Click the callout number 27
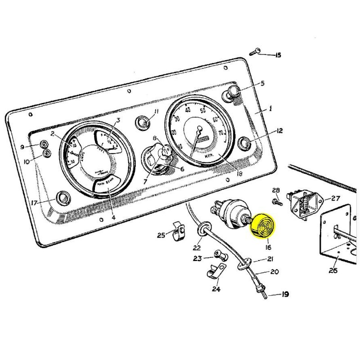point(336,198)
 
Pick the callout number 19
point(285,295)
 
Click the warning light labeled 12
point(245,144)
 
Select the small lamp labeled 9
point(44,145)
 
